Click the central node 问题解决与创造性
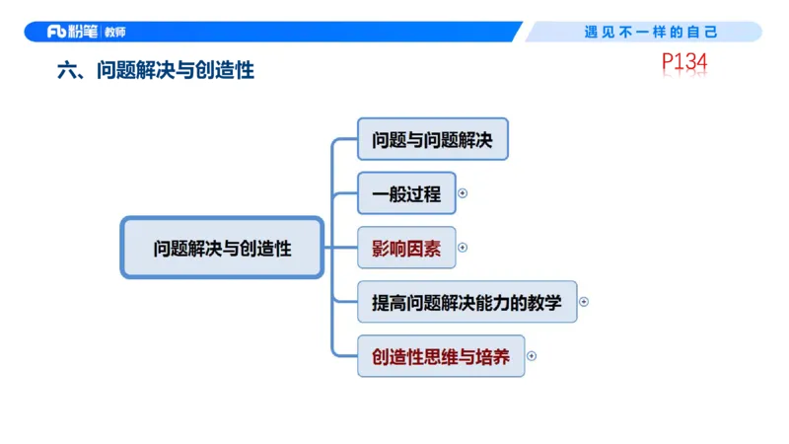(x=222, y=248)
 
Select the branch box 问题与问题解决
(x=432, y=140)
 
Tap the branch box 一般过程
(x=406, y=193)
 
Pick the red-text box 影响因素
(x=406, y=248)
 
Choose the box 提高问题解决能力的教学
(x=466, y=302)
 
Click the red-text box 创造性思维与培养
(x=440, y=356)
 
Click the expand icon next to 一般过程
(x=463, y=193)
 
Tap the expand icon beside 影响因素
(x=463, y=248)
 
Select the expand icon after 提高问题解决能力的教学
(x=584, y=302)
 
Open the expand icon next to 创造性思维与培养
(x=532, y=356)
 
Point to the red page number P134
(x=684, y=63)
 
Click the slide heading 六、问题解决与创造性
(x=156, y=71)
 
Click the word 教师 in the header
(x=115, y=32)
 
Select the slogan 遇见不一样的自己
(x=652, y=32)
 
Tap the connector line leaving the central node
(x=330, y=248)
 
